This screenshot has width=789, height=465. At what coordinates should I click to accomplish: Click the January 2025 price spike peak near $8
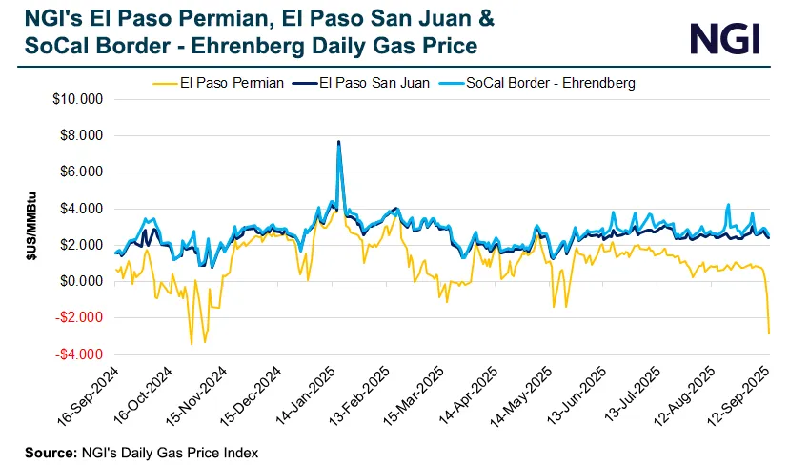click(x=338, y=143)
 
